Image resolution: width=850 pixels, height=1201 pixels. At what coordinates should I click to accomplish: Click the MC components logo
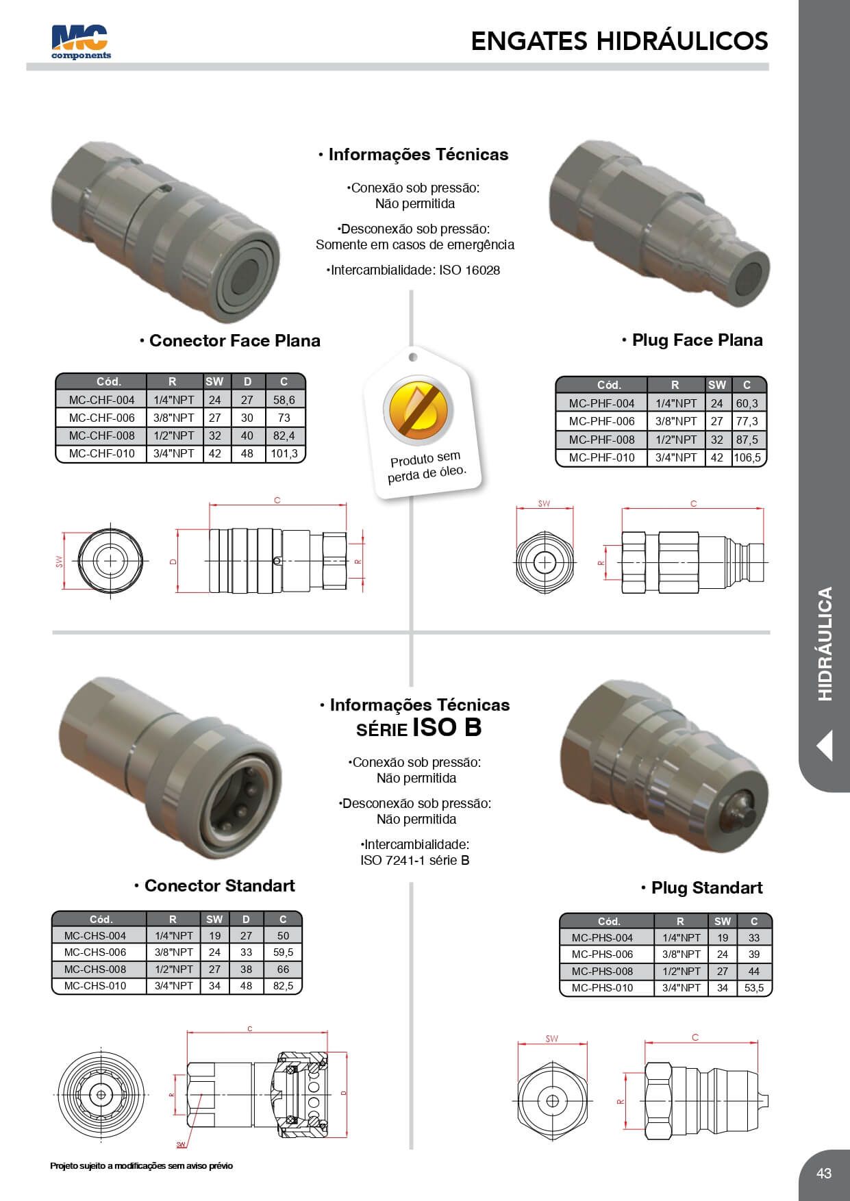coord(81,42)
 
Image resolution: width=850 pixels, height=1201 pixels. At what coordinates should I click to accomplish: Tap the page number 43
coord(823,1173)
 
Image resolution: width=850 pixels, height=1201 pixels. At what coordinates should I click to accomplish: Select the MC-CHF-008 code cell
coord(101,435)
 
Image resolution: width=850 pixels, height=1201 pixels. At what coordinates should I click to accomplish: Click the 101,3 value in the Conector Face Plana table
coord(284,453)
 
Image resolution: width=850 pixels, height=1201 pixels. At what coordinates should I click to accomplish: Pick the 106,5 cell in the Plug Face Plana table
coord(747,457)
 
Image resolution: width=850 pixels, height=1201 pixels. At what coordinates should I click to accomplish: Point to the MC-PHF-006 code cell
coord(601,421)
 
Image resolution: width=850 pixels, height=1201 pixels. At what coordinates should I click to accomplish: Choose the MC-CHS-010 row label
coord(95,985)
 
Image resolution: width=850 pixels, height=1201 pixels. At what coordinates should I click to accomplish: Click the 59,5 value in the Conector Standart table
coord(283,952)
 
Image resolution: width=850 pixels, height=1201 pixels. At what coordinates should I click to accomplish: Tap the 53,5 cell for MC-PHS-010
coord(753,988)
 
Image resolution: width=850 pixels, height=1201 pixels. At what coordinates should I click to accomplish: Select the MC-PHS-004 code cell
coord(602,937)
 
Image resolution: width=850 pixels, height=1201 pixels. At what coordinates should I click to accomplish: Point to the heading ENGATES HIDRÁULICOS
coord(619,41)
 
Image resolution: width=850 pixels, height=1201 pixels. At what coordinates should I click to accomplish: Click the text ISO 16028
coord(470,270)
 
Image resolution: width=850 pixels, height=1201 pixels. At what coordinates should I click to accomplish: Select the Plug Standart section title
coord(706,887)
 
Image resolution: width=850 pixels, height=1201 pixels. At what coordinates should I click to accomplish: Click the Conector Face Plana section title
coord(234,340)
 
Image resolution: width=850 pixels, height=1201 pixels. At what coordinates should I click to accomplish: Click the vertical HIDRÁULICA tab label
coord(825,644)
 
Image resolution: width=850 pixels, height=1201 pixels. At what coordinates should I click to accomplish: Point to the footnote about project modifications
coord(141,1165)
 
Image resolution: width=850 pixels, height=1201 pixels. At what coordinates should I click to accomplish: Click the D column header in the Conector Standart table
coord(246,919)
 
